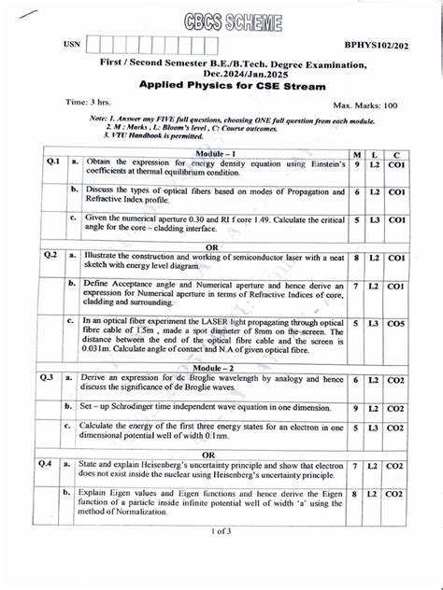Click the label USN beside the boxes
tap(72, 45)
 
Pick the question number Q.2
tap(50, 255)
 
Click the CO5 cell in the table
tap(396, 323)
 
